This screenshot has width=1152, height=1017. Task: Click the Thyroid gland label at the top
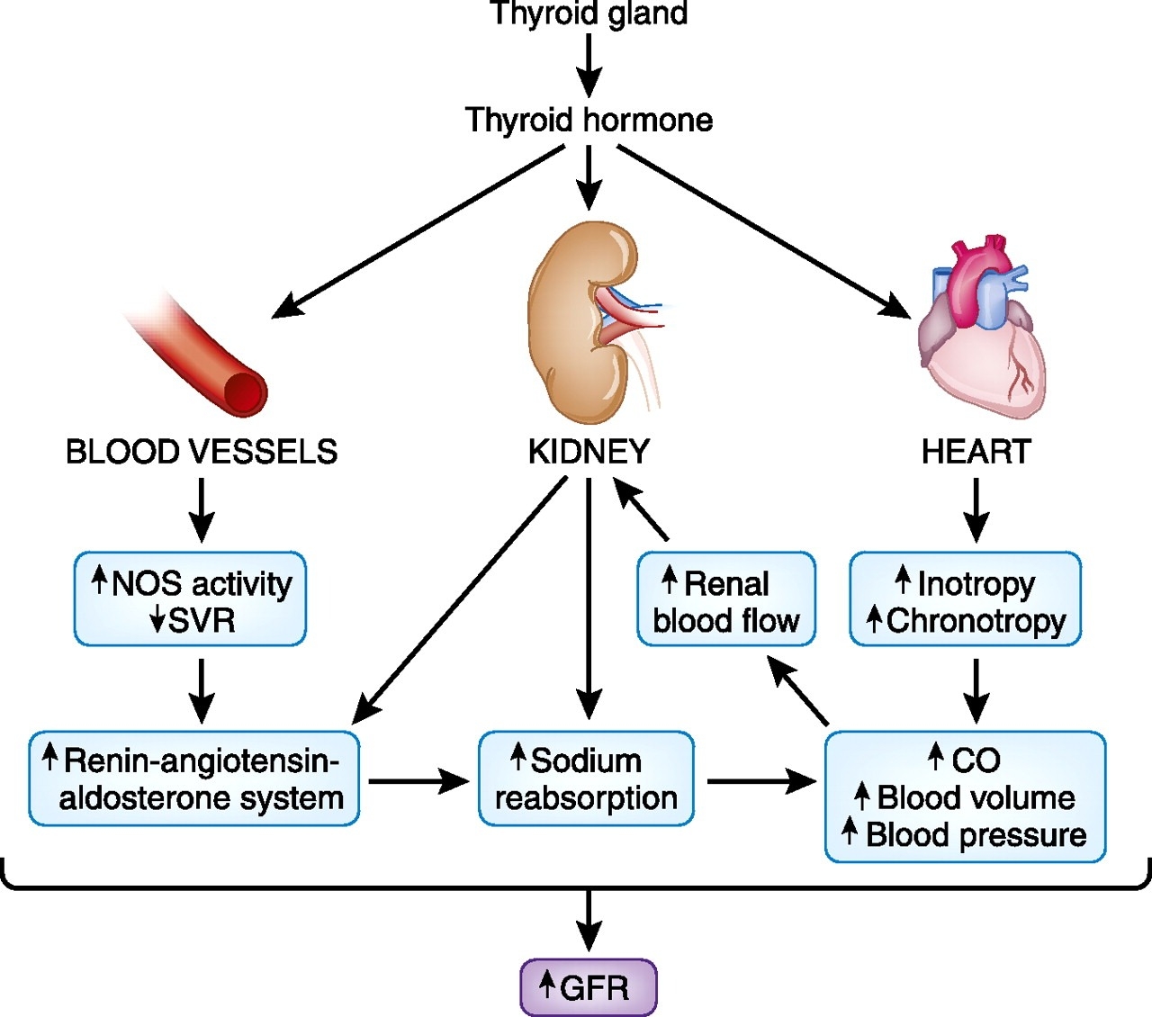[x=589, y=14]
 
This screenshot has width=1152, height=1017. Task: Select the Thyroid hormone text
[x=589, y=120]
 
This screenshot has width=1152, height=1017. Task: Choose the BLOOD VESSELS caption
[x=202, y=452]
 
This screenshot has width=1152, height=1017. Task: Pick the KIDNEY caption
[x=589, y=452]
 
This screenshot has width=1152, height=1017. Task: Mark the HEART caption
[x=976, y=452]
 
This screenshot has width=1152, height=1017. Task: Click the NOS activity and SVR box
[x=190, y=600]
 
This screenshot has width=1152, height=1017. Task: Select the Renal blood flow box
[x=726, y=600]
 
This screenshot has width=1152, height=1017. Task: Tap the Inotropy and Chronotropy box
[x=966, y=600]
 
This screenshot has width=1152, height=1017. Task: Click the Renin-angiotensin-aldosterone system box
[x=194, y=779]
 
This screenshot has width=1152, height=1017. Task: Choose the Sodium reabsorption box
[x=587, y=779]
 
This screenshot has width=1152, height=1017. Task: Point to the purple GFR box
[x=589, y=987]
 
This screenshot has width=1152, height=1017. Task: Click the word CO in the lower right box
[x=976, y=760]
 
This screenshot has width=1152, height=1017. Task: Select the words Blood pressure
[x=976, y=835]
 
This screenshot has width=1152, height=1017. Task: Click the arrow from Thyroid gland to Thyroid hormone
[x=589, y=67]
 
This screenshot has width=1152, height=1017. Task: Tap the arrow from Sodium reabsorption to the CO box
[x=760, y=781]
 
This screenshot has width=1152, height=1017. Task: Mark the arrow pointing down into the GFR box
[x=589, y=920]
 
